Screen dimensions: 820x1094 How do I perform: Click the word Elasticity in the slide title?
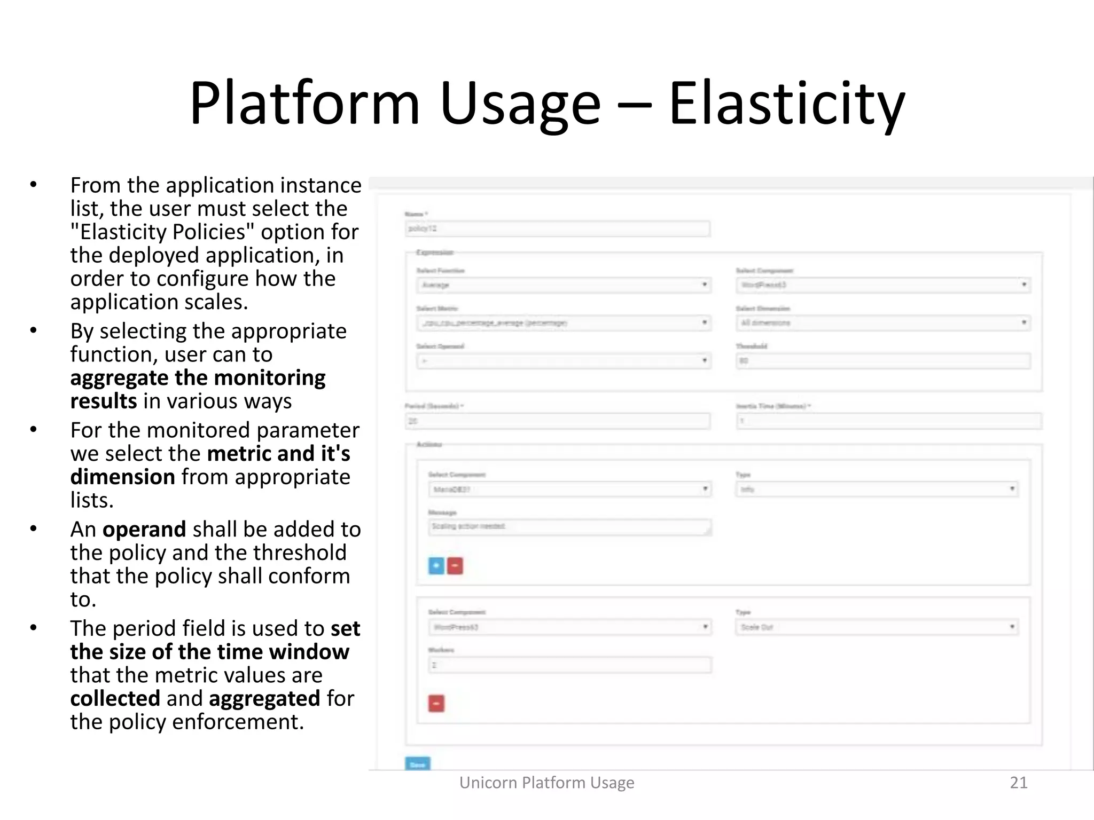tap(786, 104)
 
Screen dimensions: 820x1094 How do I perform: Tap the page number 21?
tap(1018, 782)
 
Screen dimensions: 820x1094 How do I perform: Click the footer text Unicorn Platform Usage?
tap(546, 782)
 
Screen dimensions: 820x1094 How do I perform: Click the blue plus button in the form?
tap(436, 565)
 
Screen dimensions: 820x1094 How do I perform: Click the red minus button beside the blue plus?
tap(455, 565)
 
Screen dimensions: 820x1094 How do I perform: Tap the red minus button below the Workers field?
tap(436, 703)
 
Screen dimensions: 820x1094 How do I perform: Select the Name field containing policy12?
tap(557, 229)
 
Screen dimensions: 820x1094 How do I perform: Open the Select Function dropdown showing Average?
tap(564, 285)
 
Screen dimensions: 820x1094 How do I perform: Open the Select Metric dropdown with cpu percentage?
tap(564, 323)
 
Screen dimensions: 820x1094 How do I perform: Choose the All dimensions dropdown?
tap(883, 323)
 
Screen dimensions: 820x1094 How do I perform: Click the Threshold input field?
tap(883, 361)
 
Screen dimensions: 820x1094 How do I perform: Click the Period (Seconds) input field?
tap(557, 421)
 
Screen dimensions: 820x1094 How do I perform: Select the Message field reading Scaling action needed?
tap(569, 527)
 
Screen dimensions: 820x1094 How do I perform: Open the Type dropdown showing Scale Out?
tap(877, 627)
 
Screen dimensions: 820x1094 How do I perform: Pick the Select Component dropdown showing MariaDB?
tap(569, 490)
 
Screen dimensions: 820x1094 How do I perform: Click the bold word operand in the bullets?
tap(144, 529)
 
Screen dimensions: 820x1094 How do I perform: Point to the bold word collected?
tap(115, 698)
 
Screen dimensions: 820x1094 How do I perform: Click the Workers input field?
tap(569, 665)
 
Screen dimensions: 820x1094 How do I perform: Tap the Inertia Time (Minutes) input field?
tap(889, 421)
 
